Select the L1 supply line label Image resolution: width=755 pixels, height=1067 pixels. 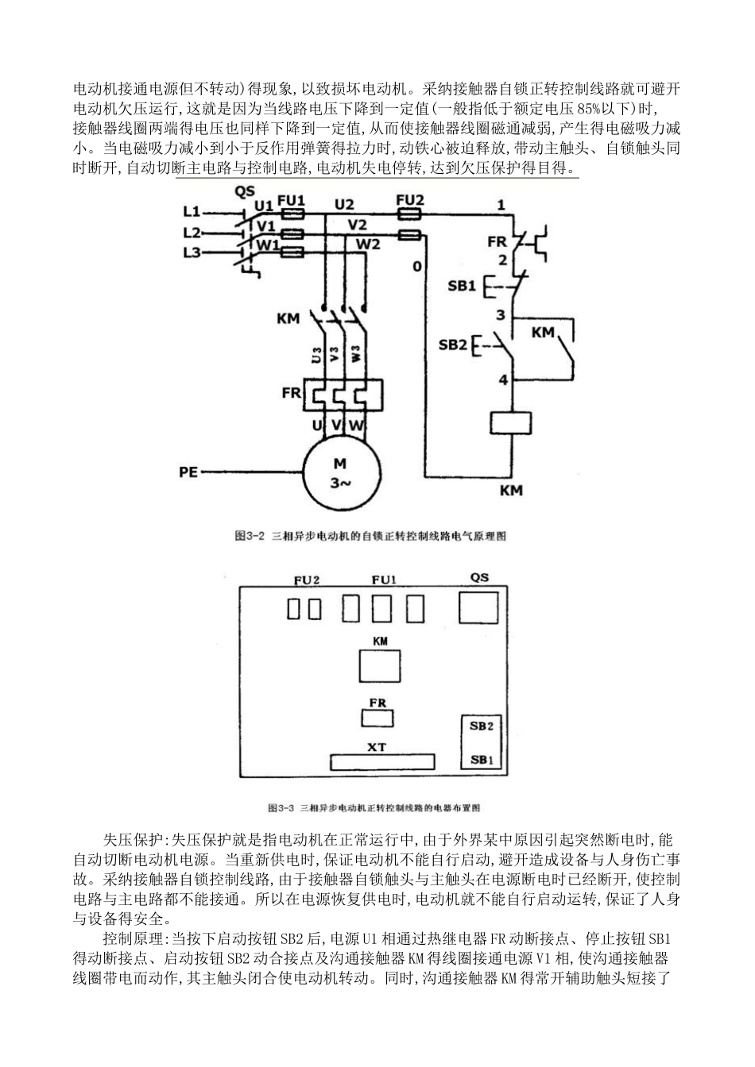click(x=192, y=212)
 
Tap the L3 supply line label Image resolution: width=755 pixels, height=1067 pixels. click(x=192, y=252)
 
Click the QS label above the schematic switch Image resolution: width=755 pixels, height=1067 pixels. click(x=245, y=191)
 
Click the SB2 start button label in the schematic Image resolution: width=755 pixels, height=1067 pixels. click(x=453, y=345)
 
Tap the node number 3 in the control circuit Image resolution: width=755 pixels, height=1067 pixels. click(x=501, y=315)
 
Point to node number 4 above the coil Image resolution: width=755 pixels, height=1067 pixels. click(x=502, y=380)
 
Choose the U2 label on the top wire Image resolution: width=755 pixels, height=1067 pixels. click(x=344, y=204)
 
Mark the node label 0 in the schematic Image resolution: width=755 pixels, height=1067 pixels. click(x=416, y=267)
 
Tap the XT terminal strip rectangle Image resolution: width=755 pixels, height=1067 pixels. click(x=382, y=762)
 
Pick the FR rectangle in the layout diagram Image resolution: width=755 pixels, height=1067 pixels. click(x=378, y=718)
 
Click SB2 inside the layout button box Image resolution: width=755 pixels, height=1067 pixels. click(x=482, y=726)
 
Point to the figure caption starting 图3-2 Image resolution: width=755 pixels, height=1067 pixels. click(x=370, y=536)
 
